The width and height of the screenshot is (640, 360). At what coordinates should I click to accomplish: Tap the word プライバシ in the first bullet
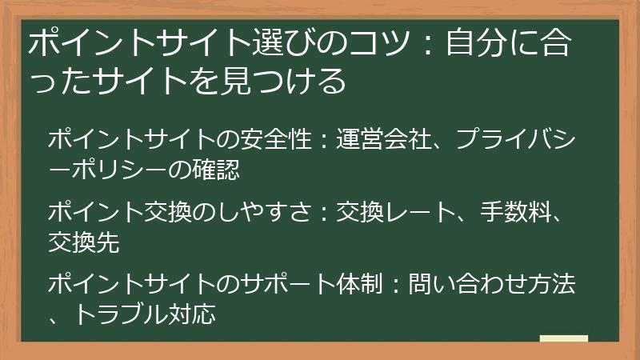coord(515,139)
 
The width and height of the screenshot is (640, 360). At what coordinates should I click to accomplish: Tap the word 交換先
coord(84,242)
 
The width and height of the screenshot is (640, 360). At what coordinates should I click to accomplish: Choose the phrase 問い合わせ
coord(470,284)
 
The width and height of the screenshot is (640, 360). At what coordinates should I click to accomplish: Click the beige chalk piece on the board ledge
coord(563,338)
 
